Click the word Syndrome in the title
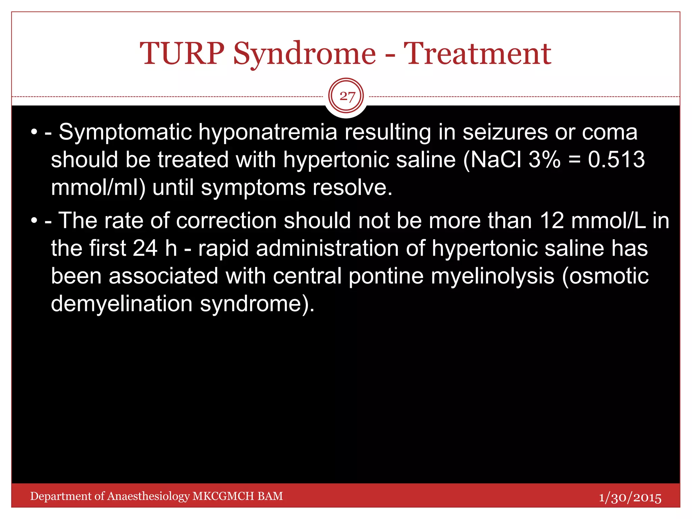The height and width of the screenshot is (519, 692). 304,54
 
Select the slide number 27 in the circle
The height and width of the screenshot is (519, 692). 347,97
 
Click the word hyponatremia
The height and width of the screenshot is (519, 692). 268,132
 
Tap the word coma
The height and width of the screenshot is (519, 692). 610,132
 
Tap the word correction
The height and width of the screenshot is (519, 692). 226,221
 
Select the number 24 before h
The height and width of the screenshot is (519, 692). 145,248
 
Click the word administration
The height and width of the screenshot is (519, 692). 327,248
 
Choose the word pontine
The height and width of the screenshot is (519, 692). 386,276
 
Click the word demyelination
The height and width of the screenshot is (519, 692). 122,304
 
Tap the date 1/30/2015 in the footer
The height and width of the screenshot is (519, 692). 630,498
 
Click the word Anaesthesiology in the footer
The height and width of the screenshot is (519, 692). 148,496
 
